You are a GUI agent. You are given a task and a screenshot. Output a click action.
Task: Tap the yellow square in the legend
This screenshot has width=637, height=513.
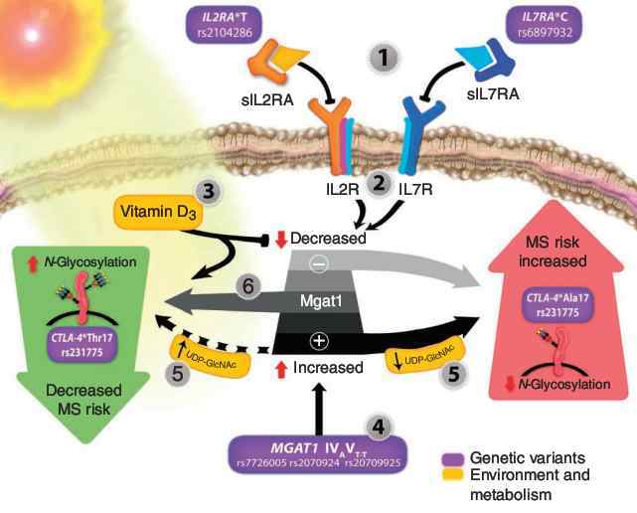pyautogui.click(x=449, y=476)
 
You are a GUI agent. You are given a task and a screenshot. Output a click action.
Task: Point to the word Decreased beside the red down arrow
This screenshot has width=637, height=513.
pyautogui.click(x=323, y=239)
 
